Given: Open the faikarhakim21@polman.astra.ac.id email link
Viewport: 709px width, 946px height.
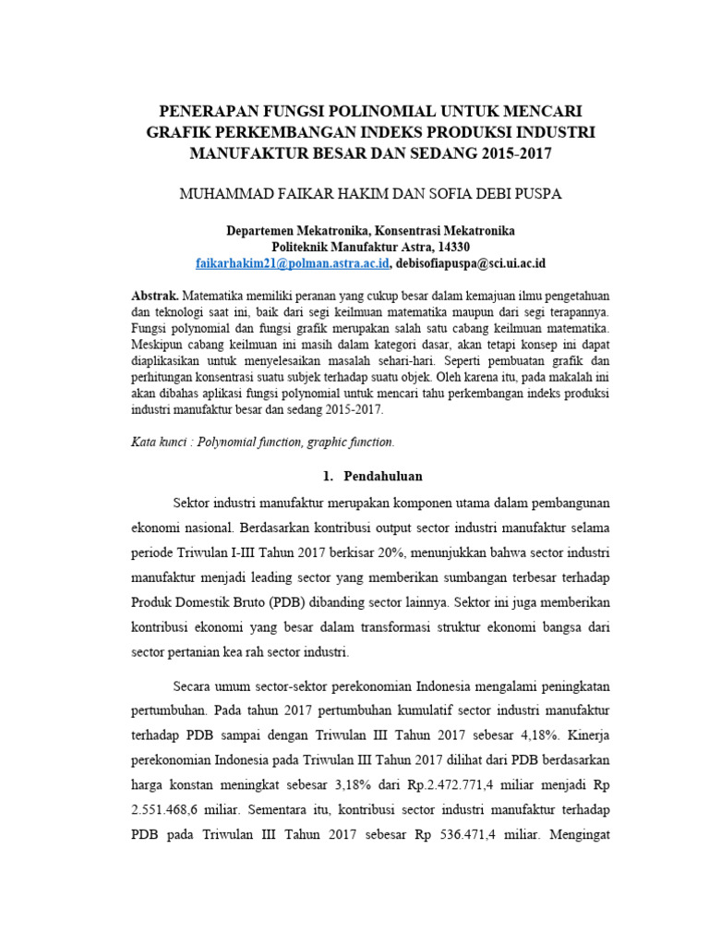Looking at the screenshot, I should point(293,263).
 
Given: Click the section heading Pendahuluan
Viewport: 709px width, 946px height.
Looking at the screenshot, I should point(383,477).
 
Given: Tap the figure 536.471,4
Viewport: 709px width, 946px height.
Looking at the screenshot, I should point(470,835).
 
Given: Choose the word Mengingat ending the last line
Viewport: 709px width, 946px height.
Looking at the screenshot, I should point(579,835).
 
